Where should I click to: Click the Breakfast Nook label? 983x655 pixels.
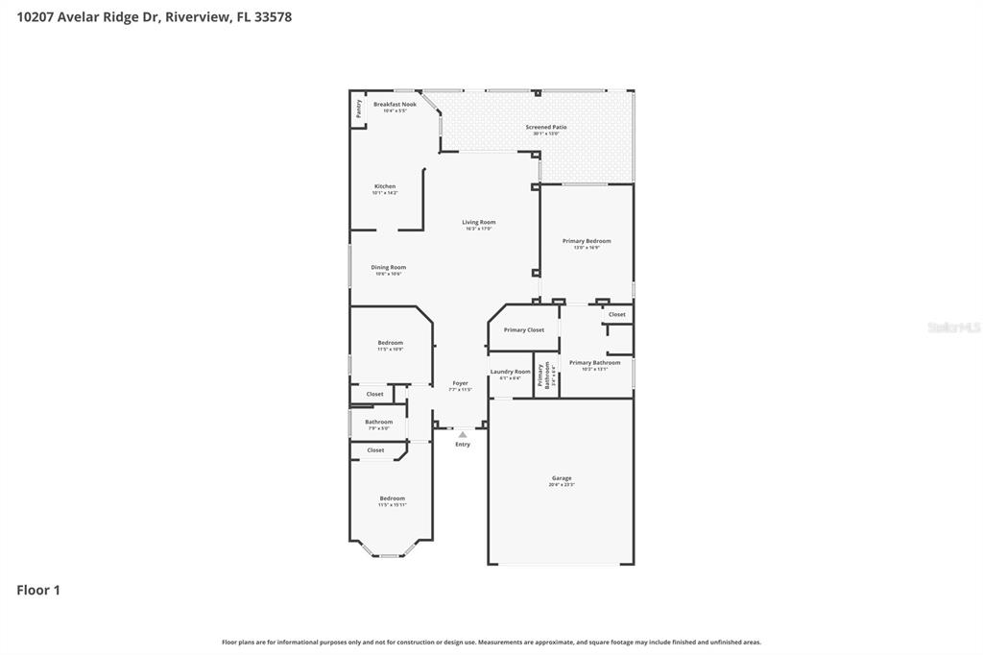(x=395, y=104)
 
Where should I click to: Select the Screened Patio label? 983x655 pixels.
(x=545, y=127)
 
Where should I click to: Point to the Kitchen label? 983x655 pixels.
(x=385, y=186)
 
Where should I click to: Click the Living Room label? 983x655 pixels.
(x=478, y=222)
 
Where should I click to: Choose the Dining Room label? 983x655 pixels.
(x=389, y=267)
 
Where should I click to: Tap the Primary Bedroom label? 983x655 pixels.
(x=587, y=241)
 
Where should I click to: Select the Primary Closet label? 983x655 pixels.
(x=524, y=329)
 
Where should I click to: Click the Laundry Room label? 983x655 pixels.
(x=510, y=372)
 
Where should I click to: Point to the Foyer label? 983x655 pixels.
(x=460, y=383)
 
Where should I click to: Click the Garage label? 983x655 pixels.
(x=562, y=478)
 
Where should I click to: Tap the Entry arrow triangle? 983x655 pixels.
(x=463, y=435)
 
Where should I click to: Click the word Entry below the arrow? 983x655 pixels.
(x=463, y=444)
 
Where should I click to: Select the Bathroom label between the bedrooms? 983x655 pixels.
(x=378, y=422)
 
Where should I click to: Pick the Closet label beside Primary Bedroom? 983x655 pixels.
(x=617, y=314)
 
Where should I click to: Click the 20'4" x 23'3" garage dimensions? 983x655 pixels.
(x=562, y=485)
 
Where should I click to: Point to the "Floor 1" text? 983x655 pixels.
(x=38, y=591)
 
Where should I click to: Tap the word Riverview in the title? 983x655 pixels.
(x=196, y=16)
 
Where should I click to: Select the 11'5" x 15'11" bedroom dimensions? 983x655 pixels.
(x=392, y=505)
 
